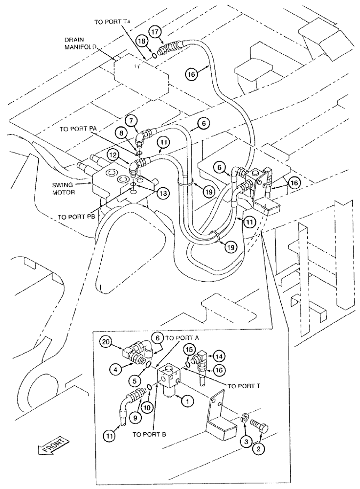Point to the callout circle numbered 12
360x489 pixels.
(x=113, y=156)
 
